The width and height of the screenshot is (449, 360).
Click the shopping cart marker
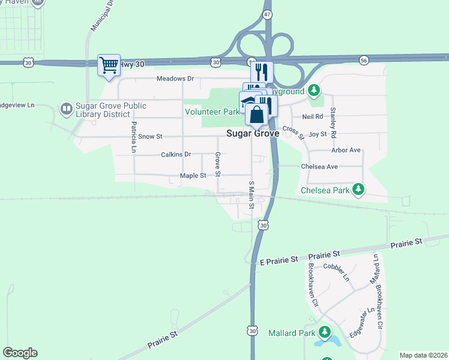click(x=109, y=65)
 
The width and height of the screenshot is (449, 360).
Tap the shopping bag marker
click(x=256, y=114)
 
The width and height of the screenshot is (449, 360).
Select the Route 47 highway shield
click(x=268, y=13)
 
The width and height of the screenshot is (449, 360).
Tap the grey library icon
click(x=66, y=108)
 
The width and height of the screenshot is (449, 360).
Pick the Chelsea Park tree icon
click(x=358, y=190)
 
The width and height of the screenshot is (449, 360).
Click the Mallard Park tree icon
click(x=325, y=331)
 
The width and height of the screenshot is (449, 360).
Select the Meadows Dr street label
click(x=175, y=79)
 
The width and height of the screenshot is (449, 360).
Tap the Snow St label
click(x=150, y=136)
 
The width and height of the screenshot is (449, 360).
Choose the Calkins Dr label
click(x=176, y=154)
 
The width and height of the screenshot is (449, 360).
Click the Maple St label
click(x=193, y=176)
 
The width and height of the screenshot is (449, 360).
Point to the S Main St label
click(x=252, y=195)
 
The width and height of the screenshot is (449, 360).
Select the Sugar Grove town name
click(x=253, y=134)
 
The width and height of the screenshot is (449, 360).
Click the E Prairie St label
click(x=279, y=260)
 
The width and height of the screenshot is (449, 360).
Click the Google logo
click(x=20, y=353)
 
